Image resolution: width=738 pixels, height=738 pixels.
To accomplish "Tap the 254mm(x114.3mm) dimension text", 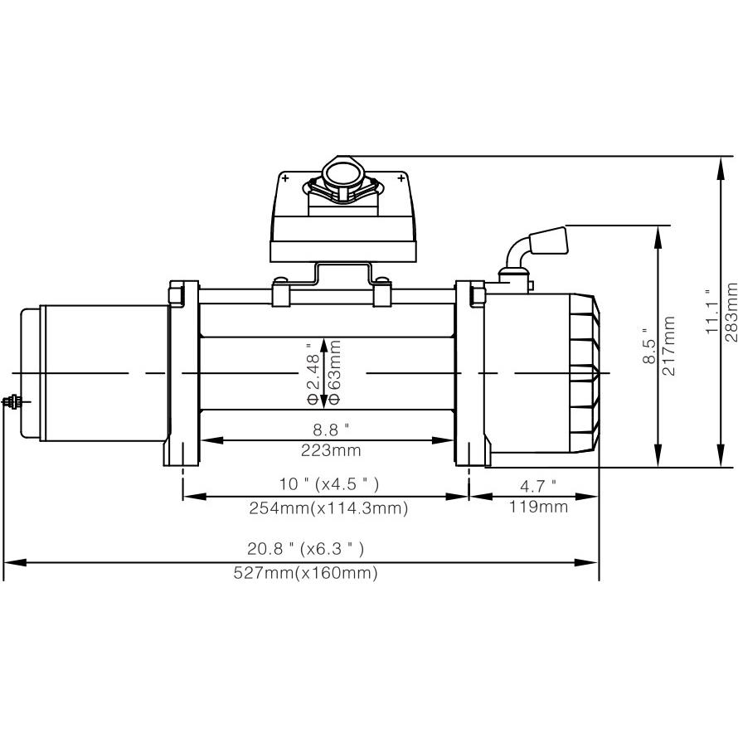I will pos(328,508).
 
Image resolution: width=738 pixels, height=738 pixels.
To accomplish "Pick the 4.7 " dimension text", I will pos(537,484).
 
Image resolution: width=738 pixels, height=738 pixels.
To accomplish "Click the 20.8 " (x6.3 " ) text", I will pos(306,548).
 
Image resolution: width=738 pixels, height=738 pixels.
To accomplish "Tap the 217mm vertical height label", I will pos(670,346).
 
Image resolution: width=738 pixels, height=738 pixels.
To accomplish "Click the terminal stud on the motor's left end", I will pos(12,402).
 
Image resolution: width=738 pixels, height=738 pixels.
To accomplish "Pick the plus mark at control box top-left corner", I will pos(285,178).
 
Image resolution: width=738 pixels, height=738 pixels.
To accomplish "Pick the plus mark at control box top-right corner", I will pos(401,178).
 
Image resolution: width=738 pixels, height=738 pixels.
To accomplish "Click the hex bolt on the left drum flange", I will pos(176,294).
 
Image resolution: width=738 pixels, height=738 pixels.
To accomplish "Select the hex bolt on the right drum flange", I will pos(477,294).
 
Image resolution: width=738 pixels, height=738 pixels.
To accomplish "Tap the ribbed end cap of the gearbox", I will pos(584,373).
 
